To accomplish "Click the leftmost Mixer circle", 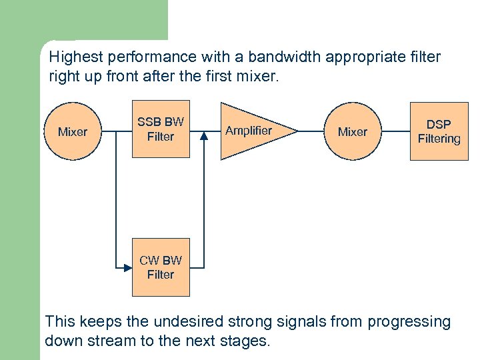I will click(72, 131).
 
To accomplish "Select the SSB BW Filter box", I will click(161, 130).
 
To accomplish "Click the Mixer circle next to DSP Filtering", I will click(352, 131).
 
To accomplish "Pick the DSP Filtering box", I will click(439, 131).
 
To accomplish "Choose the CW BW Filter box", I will click(161, 267).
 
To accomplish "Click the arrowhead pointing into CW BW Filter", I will click(129, 267).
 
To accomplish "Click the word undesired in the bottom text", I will click(184, 322).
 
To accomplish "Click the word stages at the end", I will click(244, 341).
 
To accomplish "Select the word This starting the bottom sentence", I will click(59, 322).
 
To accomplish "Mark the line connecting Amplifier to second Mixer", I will click(311, 131).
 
